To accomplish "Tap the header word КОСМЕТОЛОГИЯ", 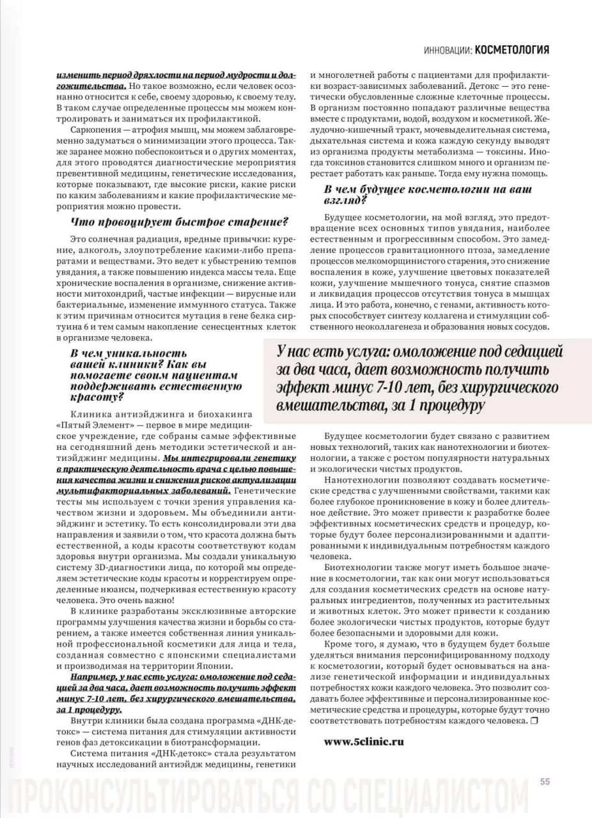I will pos(512,50).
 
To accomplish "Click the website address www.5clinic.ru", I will pos(364,742).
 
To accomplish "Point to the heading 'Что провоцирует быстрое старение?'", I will pos(179,222).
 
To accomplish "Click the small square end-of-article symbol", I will pos(534,721).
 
